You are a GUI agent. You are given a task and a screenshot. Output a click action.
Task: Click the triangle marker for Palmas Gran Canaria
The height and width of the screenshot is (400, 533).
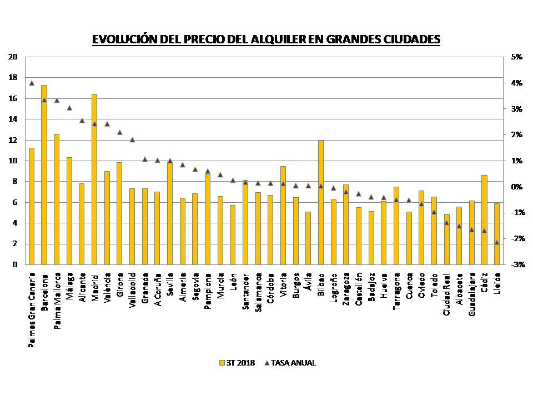[x=32, y=83]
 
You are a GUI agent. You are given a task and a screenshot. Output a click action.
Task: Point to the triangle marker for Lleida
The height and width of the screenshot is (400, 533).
[x=497, y=242]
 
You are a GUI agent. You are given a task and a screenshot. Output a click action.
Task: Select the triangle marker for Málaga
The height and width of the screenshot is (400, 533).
[x=69, y=107]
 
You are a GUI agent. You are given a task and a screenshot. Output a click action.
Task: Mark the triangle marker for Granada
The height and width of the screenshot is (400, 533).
[x=145, y=159]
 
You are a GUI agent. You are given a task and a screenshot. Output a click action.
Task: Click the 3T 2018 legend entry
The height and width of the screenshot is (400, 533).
[x=237, y=363]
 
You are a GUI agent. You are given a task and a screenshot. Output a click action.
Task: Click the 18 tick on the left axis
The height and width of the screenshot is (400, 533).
[x=13, y=78]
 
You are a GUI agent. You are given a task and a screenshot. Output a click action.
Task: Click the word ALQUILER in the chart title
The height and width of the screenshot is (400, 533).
[x=269, y=39]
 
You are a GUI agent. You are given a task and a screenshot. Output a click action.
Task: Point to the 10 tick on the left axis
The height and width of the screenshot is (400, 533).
[x=13, y=161]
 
